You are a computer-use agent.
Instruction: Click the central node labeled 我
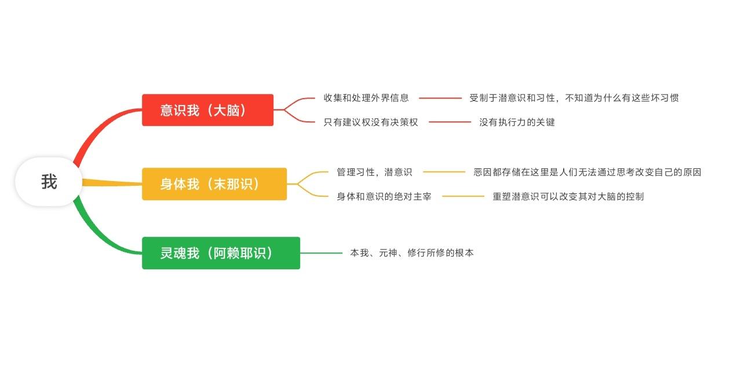49,182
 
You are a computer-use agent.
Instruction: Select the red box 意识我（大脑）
207,110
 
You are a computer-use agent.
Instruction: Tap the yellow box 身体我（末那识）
214,184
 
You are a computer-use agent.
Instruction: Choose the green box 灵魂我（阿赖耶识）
221,253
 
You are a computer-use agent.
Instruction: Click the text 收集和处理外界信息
366,97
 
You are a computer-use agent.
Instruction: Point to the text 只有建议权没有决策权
371,122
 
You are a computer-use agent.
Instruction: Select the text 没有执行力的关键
517,122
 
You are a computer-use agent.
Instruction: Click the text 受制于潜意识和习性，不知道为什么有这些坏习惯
574,97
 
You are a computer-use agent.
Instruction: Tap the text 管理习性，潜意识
374,172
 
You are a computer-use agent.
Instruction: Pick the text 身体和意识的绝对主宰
384,196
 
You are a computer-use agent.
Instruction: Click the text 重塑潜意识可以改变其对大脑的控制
568,196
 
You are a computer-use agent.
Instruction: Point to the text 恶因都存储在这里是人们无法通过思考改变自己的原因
587,172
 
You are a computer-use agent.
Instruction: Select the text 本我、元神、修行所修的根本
412,253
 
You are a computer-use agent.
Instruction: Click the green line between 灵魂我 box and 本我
322,253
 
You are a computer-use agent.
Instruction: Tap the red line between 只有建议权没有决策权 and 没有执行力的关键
450,122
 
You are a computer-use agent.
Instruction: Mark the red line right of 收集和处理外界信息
440,97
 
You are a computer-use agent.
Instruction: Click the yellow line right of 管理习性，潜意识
444,172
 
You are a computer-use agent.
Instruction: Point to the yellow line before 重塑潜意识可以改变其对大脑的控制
463,196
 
